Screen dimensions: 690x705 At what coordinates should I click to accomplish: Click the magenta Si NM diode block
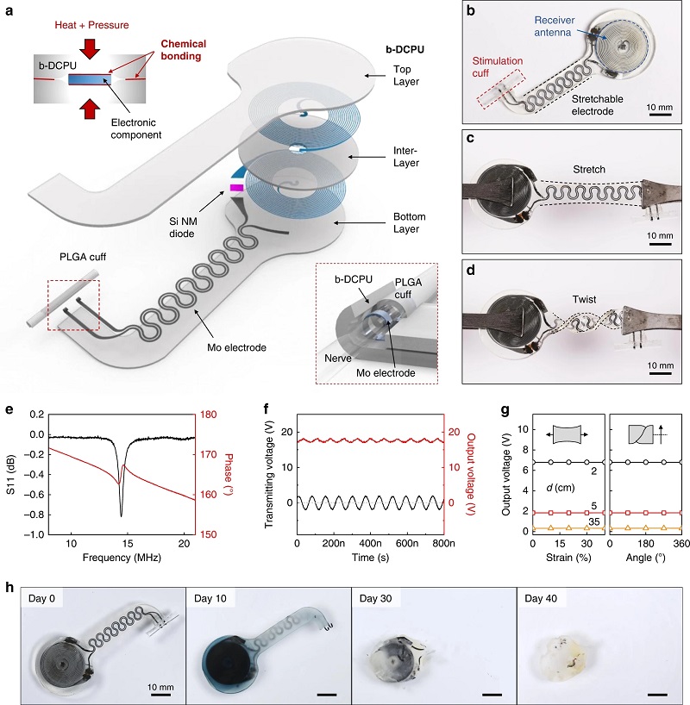pyautogui.click(x=236, y=188)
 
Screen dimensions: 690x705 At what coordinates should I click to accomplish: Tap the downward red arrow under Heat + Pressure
pyautogui.click(x=91, y=48)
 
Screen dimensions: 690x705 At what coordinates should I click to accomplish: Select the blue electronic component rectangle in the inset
pyautogui.click(x=90, y=79)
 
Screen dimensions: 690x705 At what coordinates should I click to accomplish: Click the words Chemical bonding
pyautogui.click(x=182, y=50)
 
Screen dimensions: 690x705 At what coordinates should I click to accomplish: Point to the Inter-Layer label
pyautogui.click(x=406, y=157)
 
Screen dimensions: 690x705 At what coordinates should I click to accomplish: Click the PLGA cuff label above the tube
pyautogui.click(x=83, y=257)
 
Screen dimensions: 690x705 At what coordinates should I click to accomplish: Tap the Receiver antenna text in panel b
pyautogui.click(x=554, y=26)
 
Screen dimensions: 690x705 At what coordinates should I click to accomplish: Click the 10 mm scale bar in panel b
pyautogui.click(x=661, y=115)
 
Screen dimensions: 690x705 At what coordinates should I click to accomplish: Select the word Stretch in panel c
pyautogui.click(x=589, y=170)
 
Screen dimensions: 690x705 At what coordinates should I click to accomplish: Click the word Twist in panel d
pyautogui.click(x=584, y=299)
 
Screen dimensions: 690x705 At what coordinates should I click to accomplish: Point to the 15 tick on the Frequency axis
pyautogui.click(x=128, y=544)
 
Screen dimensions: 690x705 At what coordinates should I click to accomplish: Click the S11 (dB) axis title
pyautogui.click(x=11, y=475)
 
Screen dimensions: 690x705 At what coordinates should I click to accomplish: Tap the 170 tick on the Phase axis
pyautogui.click(x=209, y=454)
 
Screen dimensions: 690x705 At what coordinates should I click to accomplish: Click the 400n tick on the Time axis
pyautogui.click(x=370, y=544)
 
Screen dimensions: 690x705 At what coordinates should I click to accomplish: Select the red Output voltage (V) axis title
pyautogui.click(x=471, y=474)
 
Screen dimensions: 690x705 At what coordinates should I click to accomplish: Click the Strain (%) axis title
pyautogui.click(x=568, y=558)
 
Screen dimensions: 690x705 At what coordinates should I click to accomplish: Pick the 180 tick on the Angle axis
pyautogui.click(x=645, y=544)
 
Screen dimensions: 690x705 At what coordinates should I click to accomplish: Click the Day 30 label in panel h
pyautogui.click(x=375, y=598)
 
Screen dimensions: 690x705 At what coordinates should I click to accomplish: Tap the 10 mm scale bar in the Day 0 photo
pyautogui.click(x=160, y=696)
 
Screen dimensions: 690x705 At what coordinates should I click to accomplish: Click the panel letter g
pyautogui.click(x=505, y=410)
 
